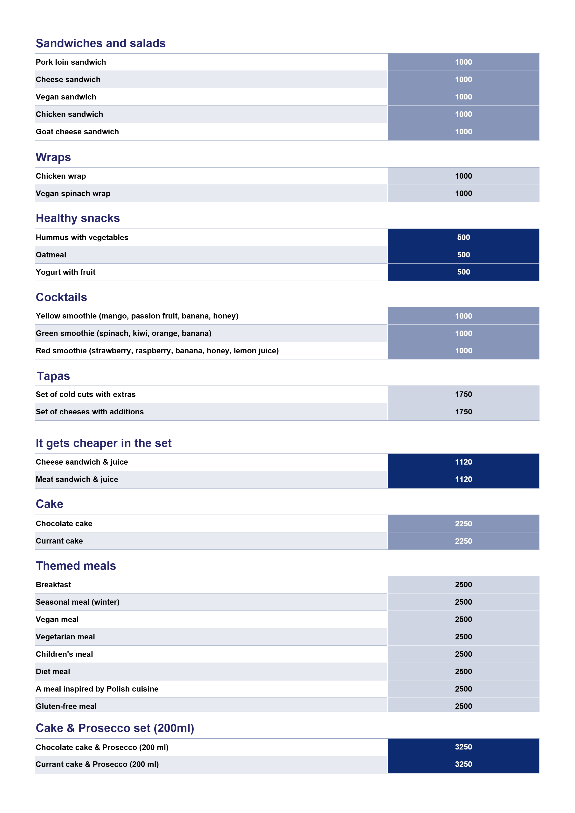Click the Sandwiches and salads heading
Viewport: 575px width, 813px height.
pos(100,43)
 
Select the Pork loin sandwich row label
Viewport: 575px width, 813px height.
pos(71,62)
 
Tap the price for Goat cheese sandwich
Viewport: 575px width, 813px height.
pos(463,132)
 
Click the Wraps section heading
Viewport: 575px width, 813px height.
pos(53,157)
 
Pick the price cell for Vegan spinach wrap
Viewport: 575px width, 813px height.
pos(463,194)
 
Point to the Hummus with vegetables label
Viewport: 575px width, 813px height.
pos(82,238)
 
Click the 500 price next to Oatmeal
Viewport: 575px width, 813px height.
pos(463,255)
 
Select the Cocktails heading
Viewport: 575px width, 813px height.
pos(61,297)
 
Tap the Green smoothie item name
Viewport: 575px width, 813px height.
pos(123,333)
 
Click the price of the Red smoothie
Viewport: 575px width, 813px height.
pos(463,351)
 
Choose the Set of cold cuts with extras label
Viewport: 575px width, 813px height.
pos(85,395)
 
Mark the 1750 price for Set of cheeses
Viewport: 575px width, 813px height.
pos(463,412)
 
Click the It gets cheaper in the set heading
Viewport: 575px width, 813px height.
pos(103,443)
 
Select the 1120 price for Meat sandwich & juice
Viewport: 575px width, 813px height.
pos(463,480)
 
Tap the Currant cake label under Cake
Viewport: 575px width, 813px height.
pos(59,541)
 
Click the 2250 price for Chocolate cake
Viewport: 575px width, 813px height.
pos(463,524)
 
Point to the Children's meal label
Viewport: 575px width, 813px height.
pos(64,654)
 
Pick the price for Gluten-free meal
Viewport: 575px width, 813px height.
pos(463,707)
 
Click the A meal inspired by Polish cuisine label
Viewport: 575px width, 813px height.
pos(97,689)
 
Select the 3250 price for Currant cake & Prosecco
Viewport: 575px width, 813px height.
pos(463,764)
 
